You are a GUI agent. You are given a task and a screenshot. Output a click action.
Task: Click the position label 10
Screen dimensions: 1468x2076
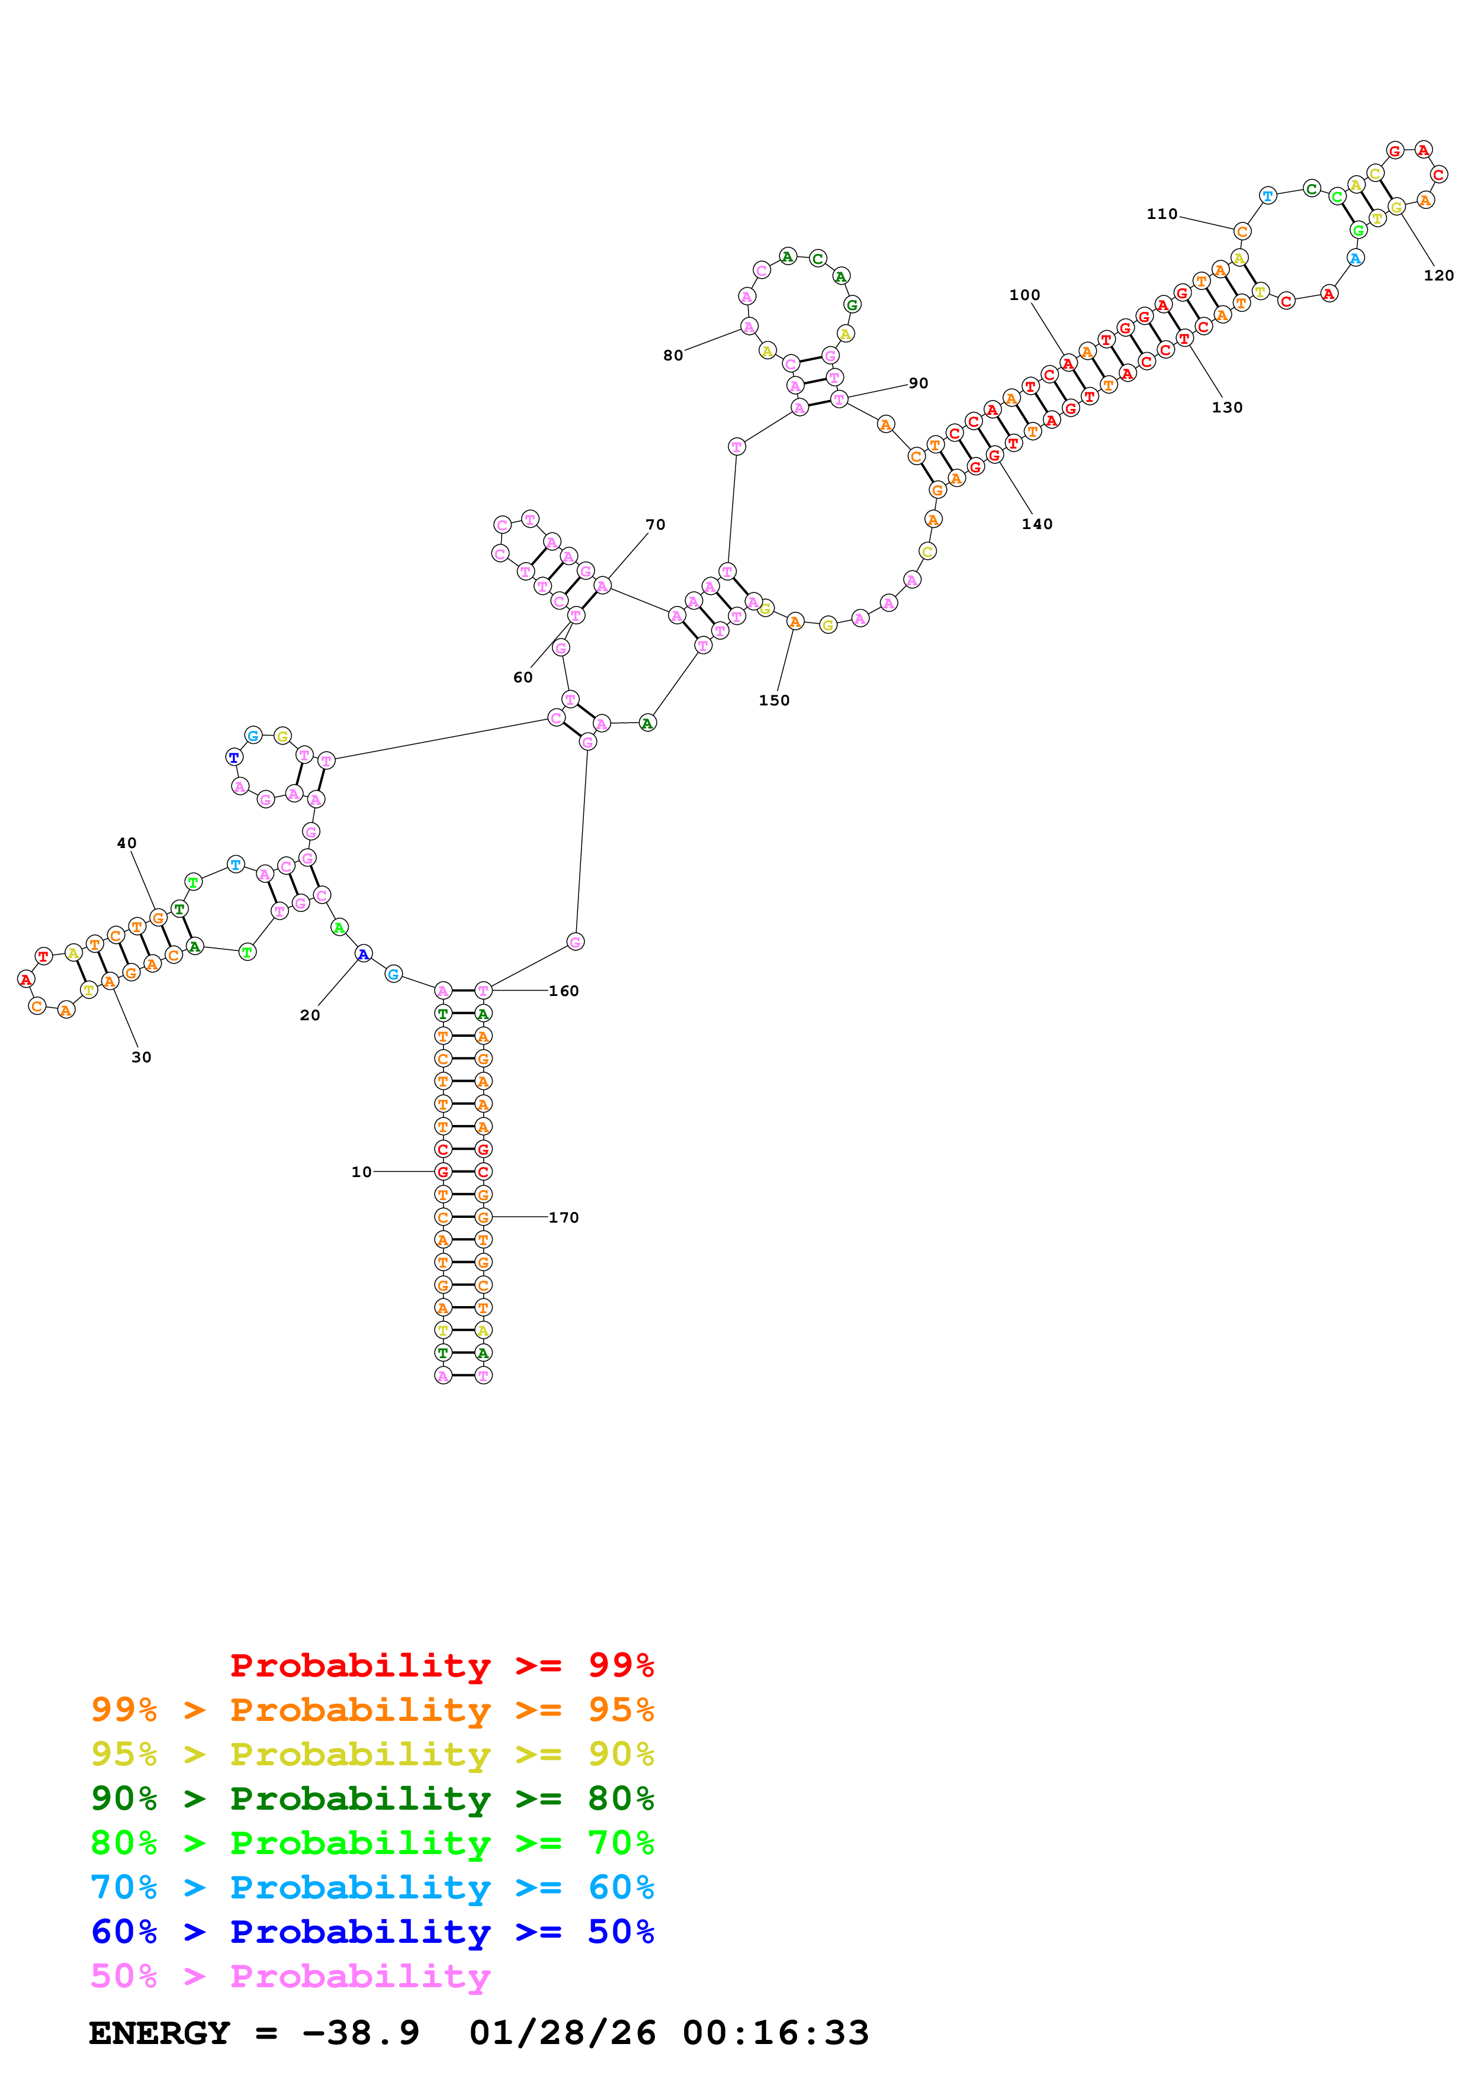361,1172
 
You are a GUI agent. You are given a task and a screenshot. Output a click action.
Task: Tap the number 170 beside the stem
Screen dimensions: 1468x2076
564,1217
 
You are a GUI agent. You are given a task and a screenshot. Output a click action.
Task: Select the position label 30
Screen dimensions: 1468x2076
141,1057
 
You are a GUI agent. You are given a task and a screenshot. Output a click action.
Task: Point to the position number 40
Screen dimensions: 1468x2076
127,843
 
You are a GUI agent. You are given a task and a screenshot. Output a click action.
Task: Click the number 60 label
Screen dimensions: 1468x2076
523,677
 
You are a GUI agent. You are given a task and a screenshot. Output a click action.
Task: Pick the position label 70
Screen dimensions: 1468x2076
655,524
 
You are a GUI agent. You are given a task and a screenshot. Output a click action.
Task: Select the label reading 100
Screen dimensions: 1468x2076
1025,295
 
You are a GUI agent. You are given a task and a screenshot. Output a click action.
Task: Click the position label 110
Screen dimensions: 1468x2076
1162,214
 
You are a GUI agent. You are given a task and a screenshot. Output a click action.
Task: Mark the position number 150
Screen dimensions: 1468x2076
773,700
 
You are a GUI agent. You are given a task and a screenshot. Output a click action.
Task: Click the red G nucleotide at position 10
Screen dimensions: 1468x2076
442,1172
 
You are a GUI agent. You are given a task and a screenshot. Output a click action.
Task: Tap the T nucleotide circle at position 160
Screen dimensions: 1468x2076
483,990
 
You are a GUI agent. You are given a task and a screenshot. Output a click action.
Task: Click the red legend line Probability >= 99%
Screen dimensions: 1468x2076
441,1665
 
